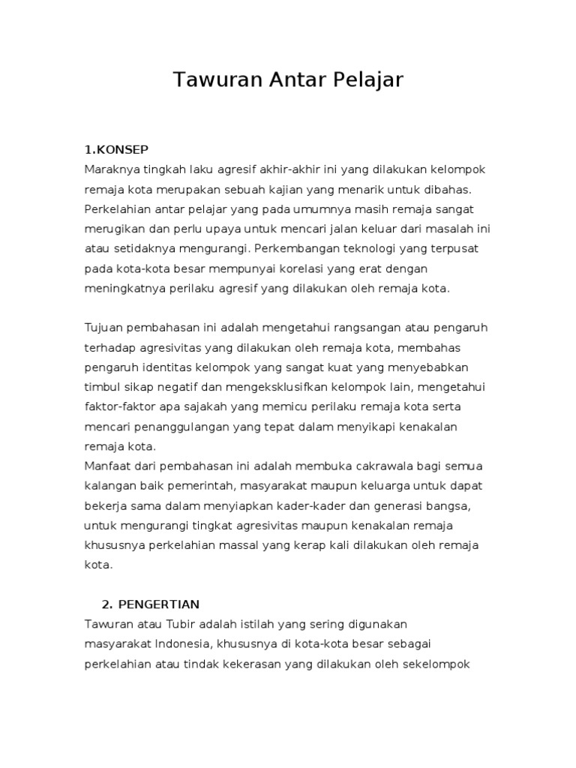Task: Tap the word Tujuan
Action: click(103, 328)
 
